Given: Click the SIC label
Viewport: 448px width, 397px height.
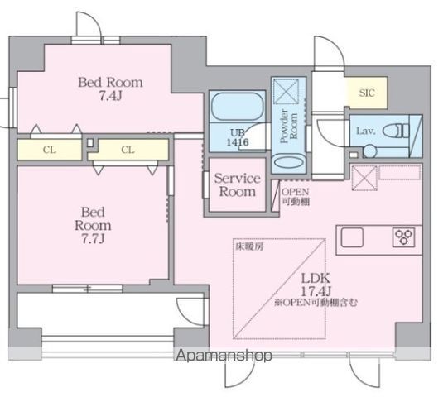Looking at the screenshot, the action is click(x=367, y=93).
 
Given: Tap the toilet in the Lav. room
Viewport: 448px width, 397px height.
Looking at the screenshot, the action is click(x=396, y=131).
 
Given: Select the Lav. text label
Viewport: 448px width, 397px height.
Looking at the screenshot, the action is click(x=365, y=131).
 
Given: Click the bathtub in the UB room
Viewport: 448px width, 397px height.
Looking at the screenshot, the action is click(x=237, y=107).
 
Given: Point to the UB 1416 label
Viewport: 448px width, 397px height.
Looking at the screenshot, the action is click(x=238, y=137).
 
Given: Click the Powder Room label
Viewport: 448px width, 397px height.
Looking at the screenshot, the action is click(x=288, y=126).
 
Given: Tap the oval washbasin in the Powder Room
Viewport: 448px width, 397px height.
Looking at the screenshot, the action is click(x=289, y=162).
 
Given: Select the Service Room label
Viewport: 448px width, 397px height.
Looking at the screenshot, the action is click(x=237, y=185).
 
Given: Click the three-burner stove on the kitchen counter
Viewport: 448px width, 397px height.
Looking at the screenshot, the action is click(x=404, y=237).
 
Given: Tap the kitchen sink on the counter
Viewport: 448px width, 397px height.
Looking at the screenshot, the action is click(x=352, y=237).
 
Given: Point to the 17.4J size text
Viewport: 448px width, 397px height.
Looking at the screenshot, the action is click(x=316, y=291).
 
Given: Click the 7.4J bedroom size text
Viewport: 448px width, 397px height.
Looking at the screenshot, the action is click(x=111, y=96).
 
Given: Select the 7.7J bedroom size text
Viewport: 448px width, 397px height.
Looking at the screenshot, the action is click(x=93, y=238).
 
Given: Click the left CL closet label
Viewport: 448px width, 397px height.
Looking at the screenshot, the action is click(x=50, y=150).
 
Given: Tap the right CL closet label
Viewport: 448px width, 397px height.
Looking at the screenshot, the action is click(x=128, y=150).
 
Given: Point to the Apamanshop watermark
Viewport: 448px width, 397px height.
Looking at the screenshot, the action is click(x=224, y=356).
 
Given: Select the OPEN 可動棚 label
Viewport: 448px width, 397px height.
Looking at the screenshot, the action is click(x=296, y=196).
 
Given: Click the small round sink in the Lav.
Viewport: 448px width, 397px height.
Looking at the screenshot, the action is click(x=370, y=151).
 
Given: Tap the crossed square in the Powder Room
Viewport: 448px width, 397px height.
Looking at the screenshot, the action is click(x=286, y=91).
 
